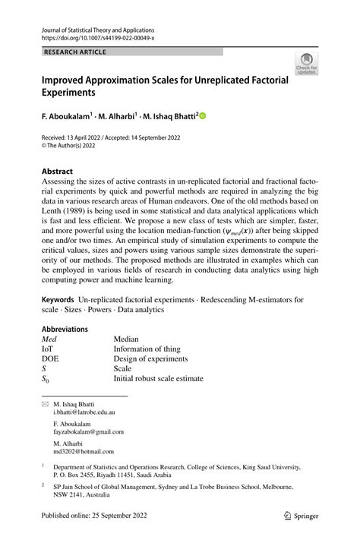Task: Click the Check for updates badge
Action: pyautogui.click(x=307, y=64)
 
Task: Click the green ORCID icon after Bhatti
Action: pyautogui.click(x=203, y=116)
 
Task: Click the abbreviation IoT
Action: pyautogui.click(x=47, y=349)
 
